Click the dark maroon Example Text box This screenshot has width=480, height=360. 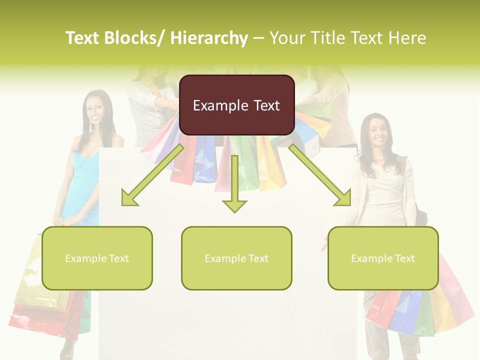[236, 105]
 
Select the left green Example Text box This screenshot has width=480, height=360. [97, 258]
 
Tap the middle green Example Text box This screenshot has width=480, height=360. [236, 258]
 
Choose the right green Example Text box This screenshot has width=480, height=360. [383, 258]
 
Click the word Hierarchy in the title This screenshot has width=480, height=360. [209, 38]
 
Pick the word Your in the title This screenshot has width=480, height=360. [286, 38]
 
